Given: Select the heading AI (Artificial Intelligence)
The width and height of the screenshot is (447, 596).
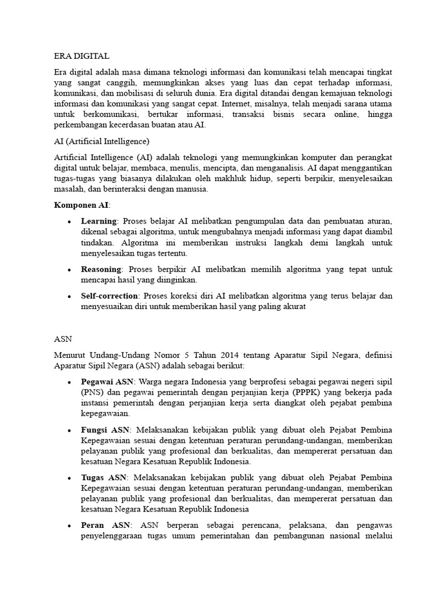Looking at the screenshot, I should [x=102, y=141].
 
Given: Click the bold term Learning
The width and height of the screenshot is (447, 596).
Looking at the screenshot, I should [x=99, y=222].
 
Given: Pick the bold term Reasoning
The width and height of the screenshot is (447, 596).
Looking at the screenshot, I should [x=101, y=269].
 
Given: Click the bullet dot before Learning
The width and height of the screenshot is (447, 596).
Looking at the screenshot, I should [x=69, y=222].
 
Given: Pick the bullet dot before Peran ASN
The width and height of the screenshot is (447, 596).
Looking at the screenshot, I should [x=69, y=525].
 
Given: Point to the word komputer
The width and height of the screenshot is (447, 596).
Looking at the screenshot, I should [x=305, y=157].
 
